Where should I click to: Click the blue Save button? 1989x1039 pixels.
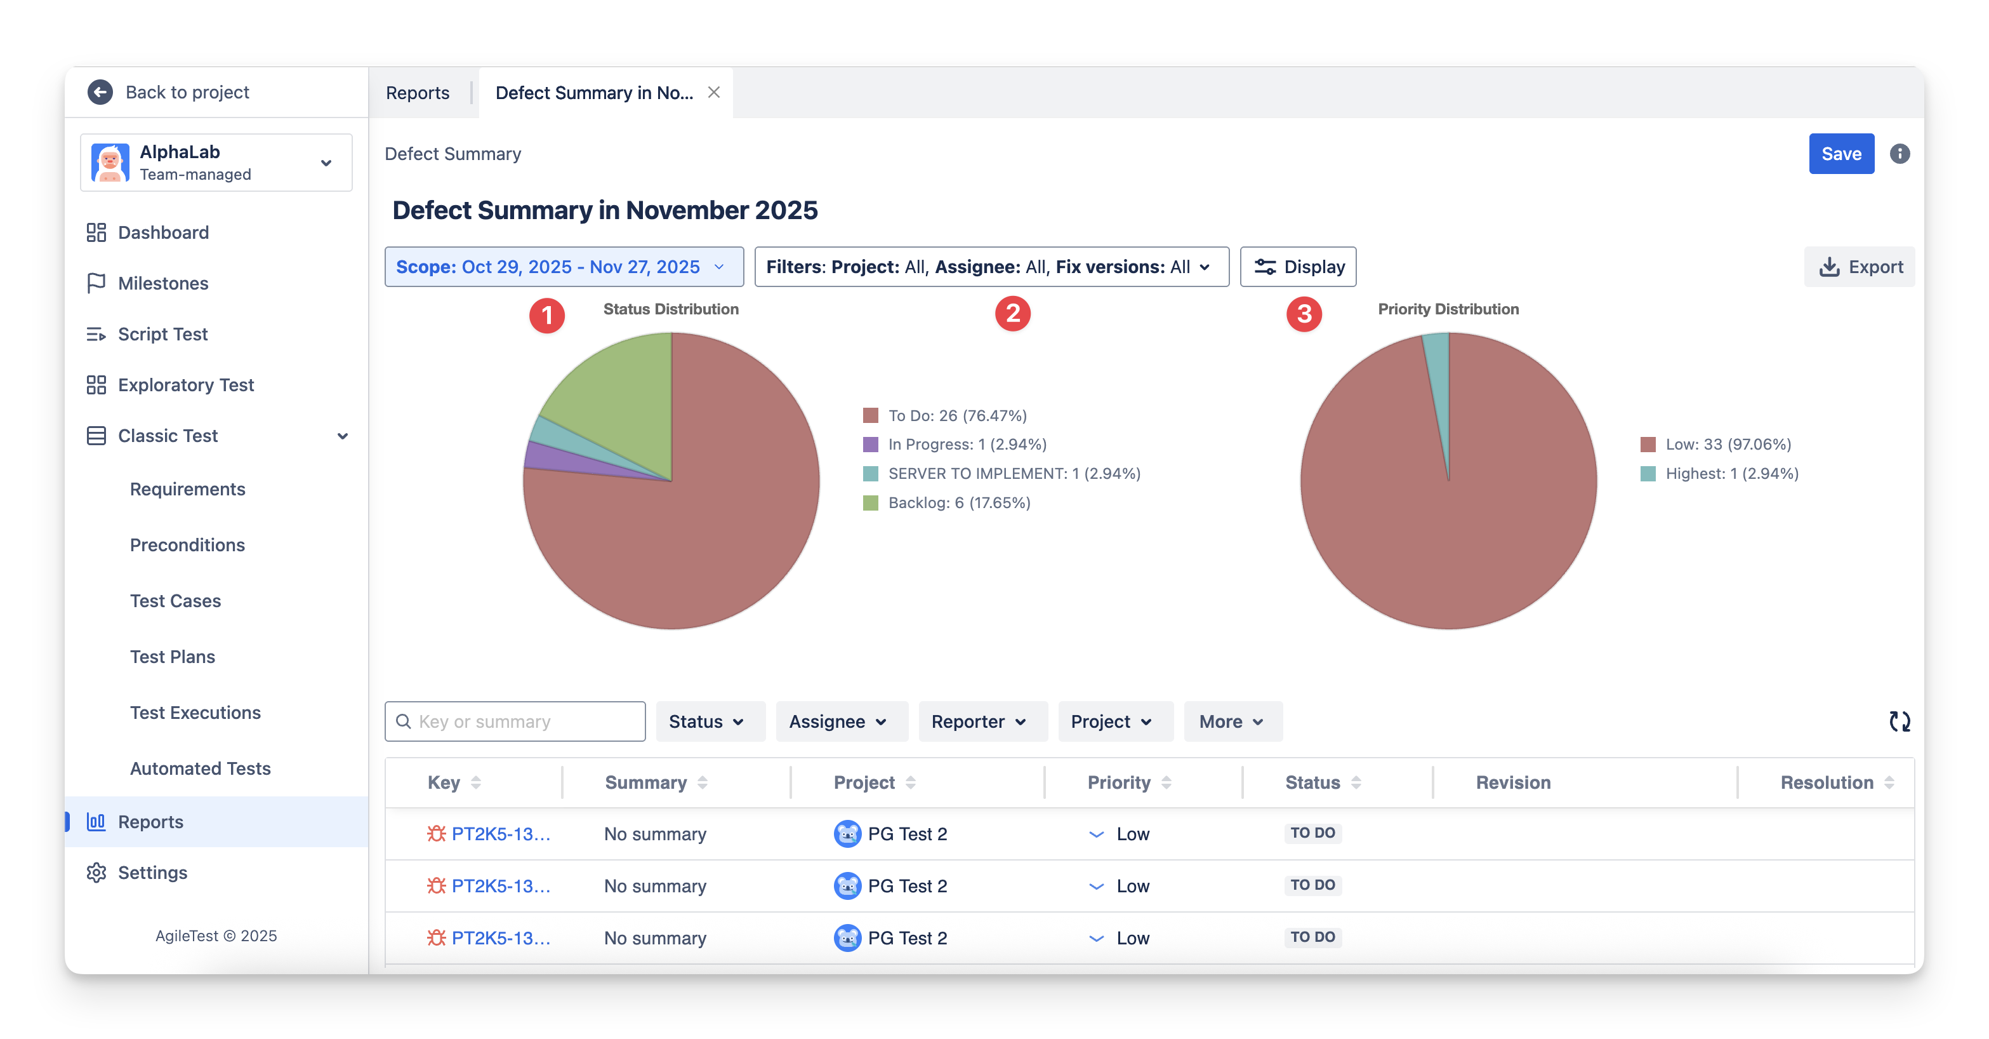point(1840,154)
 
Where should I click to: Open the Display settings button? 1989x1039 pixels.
point(1298,267)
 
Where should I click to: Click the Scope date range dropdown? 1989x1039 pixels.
point(564,267)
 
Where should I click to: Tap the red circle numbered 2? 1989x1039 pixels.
point(1012,314)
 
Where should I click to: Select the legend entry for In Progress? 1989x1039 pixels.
point(967,444)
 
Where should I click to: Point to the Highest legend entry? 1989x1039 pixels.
point(1731,474)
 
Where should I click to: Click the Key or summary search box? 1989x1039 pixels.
point(516,721)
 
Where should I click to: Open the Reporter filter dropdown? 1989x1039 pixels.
point(978,721)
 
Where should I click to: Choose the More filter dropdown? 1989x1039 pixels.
point(1232,721)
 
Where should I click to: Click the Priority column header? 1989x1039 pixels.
point(1119,782)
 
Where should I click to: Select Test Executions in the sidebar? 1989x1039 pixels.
point(195,712)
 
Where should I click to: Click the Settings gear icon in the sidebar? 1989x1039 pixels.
point(96,872)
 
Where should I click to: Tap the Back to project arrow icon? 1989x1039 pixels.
point(100,92)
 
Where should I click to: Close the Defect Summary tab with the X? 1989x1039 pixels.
point(714,92)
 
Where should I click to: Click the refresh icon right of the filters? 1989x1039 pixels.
point(1900,721)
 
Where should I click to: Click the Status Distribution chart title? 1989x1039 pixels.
point(671,309)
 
